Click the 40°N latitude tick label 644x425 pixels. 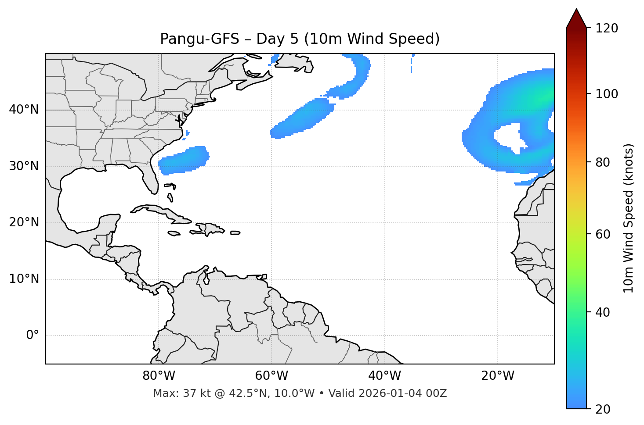click(24, 110)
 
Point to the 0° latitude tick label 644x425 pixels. click(33, 336)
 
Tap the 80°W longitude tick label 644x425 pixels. click(159, 376)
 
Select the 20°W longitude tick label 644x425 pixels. click(498, 376)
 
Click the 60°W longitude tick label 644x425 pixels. click(271, 376)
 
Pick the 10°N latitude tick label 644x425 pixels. click(24, 279)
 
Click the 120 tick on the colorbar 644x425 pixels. click(607, 29)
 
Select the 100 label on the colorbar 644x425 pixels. click(607, 94)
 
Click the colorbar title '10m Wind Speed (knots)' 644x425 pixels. click(629, 218)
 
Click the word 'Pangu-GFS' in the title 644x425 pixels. click(199, 39)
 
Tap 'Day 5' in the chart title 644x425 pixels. click(277, 39)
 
